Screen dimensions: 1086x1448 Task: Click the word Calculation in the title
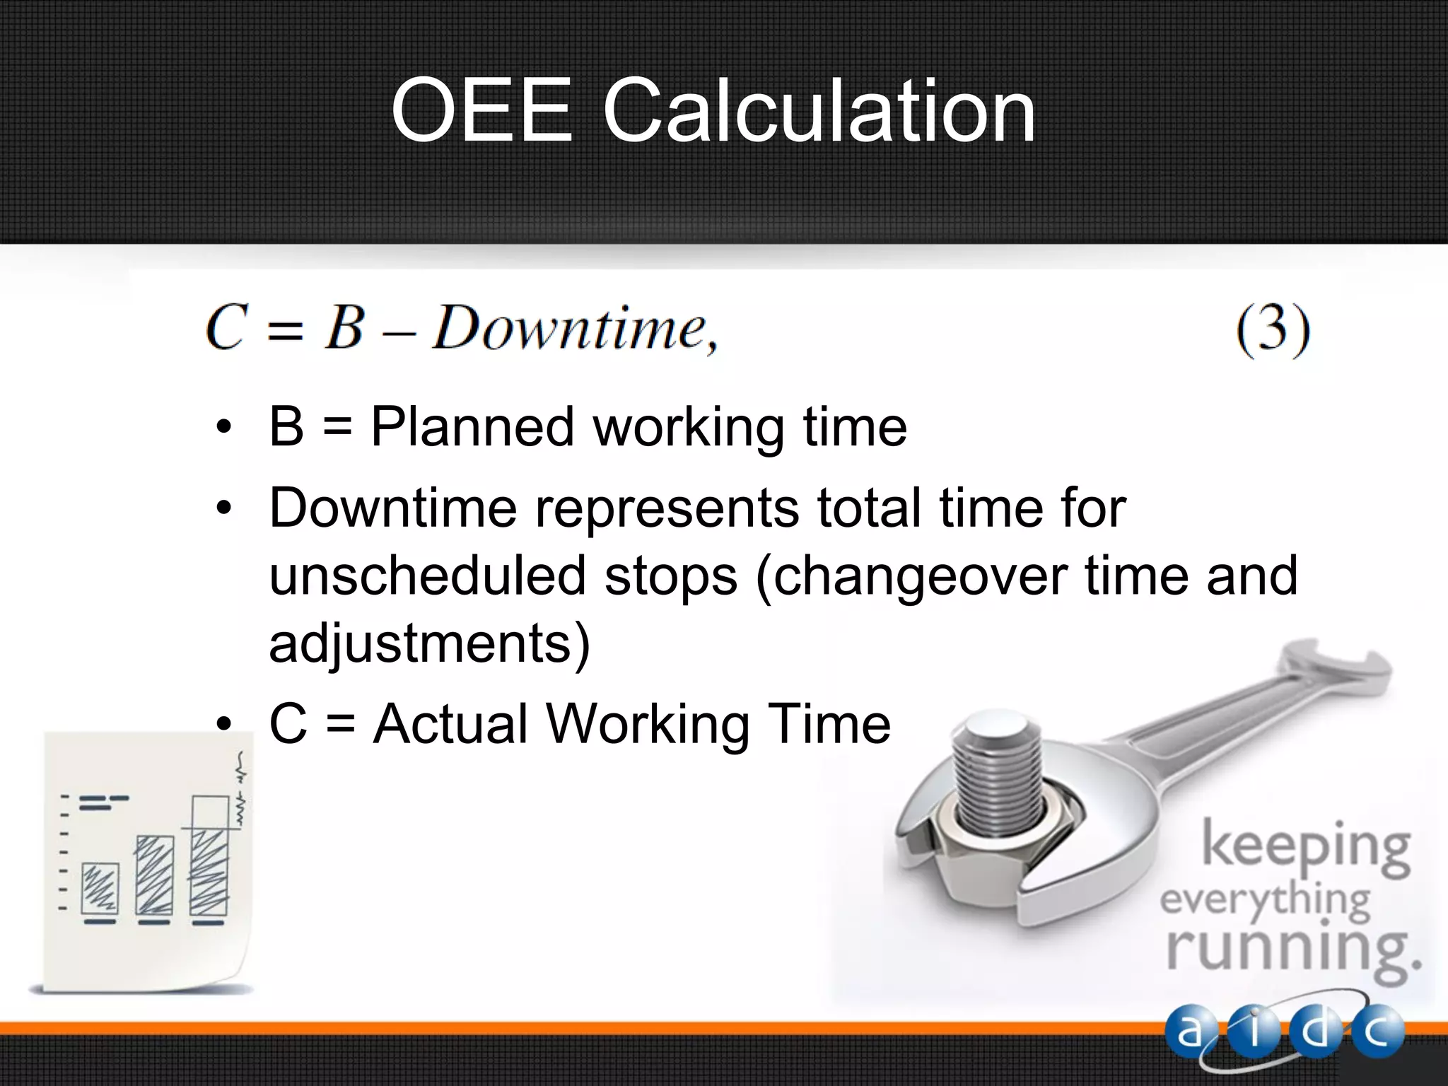click(x=819, y=112)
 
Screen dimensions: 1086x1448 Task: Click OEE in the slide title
click(x=481, y=110)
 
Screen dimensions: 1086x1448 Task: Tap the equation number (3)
click(x=1273, y=330)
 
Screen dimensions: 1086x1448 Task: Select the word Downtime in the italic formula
click(x=569, y=329)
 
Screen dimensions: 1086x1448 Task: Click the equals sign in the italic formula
click(x=286, y=331)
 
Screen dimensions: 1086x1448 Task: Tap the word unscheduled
click(x=427, y=576)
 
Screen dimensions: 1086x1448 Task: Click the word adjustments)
click(x=429, y=643)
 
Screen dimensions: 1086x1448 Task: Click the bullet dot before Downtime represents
click(x=224, y=508)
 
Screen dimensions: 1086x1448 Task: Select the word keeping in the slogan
click(x=1305, y=848)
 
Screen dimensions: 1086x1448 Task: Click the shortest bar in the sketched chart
click(x=100, y=888)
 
